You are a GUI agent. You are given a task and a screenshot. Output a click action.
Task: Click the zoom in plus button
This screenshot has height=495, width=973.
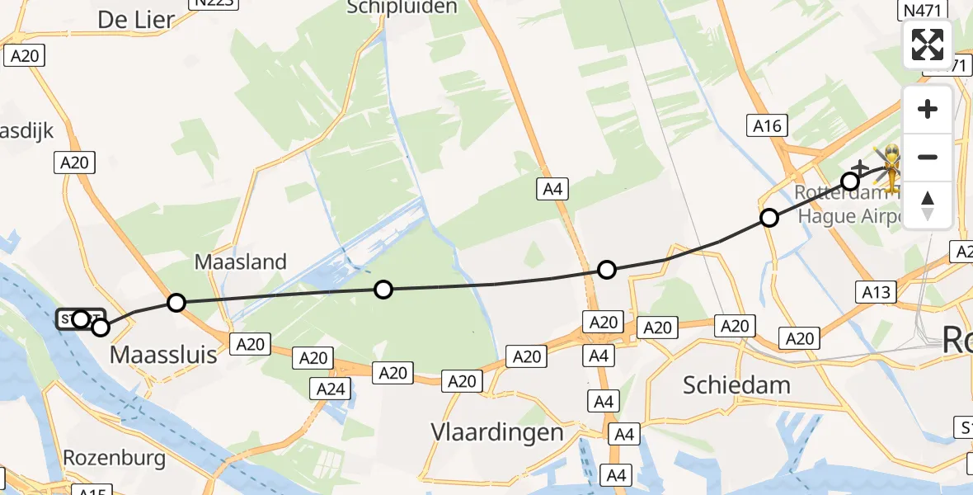click(x=928, y=109)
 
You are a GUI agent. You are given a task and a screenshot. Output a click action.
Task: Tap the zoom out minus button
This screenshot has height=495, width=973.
click(x=928, y=157)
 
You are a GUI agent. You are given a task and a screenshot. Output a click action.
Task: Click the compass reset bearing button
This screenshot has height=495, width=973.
click(x=928, y=205)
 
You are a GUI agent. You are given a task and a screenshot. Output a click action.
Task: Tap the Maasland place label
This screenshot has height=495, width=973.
click(x=241, y=262)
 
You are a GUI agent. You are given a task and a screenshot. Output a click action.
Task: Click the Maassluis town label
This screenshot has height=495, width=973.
click(x=163, y=356)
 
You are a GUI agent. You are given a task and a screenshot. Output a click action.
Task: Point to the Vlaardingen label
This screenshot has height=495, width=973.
click(x=497, y=432)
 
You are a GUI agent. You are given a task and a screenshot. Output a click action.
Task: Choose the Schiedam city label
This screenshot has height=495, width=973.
click(x=736, y=384)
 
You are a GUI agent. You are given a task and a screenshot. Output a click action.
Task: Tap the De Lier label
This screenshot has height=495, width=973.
click(x=136, y=19)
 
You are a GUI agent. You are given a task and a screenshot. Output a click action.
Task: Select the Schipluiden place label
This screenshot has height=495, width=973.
click(x=402, y=7)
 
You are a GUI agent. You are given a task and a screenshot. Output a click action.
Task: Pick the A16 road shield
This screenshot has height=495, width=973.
click(x=768, y=125)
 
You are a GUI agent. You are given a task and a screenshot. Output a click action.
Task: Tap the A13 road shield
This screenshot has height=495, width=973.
click(x=876, y=291)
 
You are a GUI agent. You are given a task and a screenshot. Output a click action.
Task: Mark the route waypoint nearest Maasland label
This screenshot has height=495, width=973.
click(x=176, y=303)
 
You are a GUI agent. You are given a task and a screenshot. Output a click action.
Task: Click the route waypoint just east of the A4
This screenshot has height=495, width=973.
click(x=607, y=269)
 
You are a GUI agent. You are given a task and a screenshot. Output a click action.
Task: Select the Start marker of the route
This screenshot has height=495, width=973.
click(x=80, y=318)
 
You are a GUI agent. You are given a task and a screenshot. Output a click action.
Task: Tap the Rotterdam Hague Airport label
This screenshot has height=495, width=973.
click(x=849, y=205)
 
